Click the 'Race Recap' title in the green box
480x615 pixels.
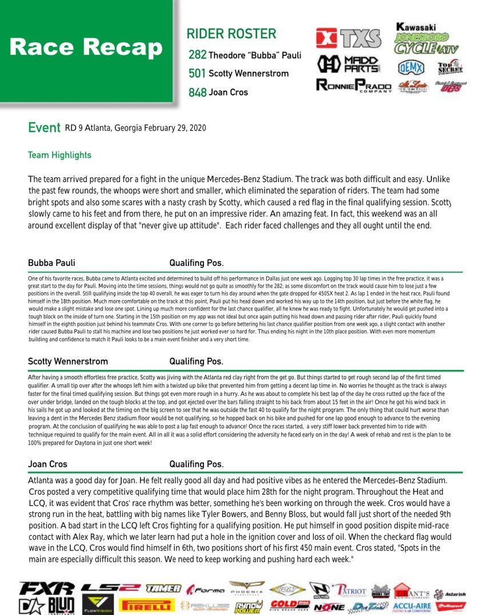(x=86, y=48)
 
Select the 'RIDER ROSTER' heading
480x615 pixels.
(x=231, y=34)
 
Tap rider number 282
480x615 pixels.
(x=197, y=55)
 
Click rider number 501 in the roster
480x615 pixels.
(x=197, y=74)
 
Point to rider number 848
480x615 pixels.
(x=197, y=92)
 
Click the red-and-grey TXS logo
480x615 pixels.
(x=349, y=38)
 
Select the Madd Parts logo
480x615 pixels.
(x=349, y=64)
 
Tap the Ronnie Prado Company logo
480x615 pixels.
(x=354, y=87)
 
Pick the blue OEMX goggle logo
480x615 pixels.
(x=411, y=67)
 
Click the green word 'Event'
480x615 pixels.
(x=44, y=128)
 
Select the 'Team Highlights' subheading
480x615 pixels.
(x=59, y=155)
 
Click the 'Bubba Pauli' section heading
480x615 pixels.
(x=51, y=263)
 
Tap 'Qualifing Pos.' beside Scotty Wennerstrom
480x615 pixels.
(x=196, y=361)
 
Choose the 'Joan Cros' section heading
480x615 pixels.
(x=47, y=464)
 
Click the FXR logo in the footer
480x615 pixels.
(x=46, y=588)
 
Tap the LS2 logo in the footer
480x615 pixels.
(x=110, y=588)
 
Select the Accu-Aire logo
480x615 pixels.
(x=411, y=606)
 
